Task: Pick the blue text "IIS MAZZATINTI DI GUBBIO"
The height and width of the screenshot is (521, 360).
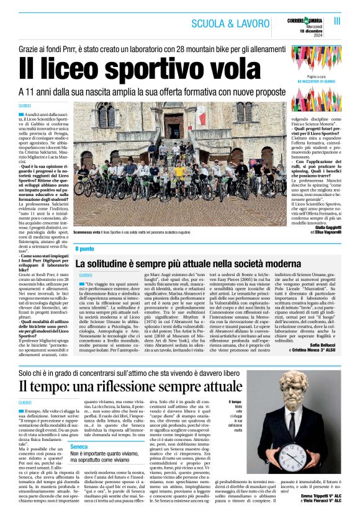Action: coord(317,81)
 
